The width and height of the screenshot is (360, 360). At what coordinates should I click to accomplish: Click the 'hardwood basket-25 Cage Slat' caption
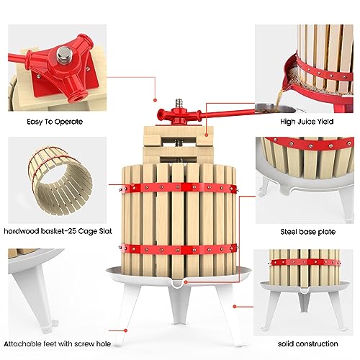(54, 232)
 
